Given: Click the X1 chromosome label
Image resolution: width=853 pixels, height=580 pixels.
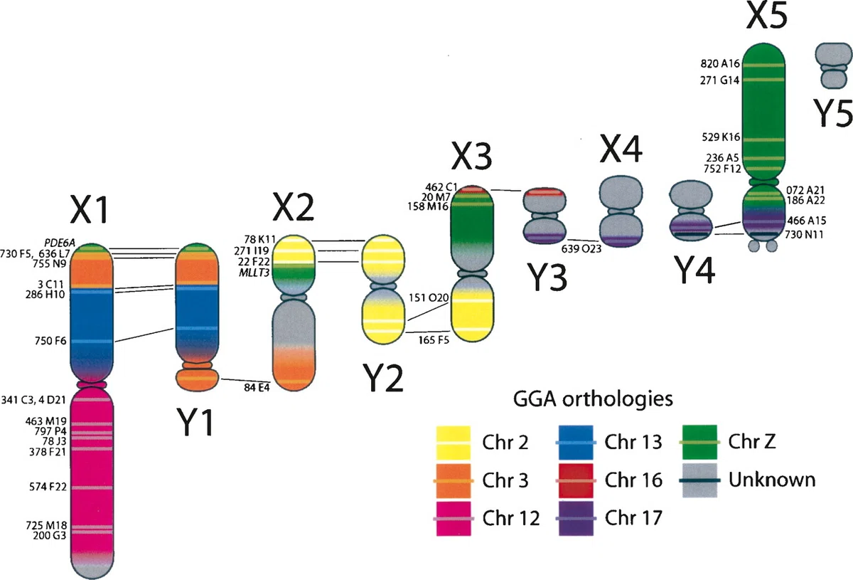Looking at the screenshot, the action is click(x=90, y=209).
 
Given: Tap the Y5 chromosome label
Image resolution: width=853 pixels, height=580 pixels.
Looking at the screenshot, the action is click(x=832, y=112).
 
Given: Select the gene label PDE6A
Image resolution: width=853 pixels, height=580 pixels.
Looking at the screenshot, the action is click(x=60, y=243).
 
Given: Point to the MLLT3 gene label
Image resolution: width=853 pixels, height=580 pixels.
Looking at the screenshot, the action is click(x=254, y=273).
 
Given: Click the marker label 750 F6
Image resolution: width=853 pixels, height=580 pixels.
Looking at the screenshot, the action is click(x=50, y=340).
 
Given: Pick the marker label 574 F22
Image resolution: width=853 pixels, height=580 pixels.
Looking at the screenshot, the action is click(x=48, y=487).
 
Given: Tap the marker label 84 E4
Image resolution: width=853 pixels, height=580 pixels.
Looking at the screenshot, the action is click(x=257, y=387).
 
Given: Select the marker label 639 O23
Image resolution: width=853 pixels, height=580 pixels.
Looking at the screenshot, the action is click(x=581, y=248).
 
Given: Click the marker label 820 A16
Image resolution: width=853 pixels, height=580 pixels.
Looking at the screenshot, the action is click(x=719, y=63).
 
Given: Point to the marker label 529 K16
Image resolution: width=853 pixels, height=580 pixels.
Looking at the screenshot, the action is click(x=721, y=137).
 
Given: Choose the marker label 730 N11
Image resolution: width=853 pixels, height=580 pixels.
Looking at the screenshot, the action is click(x=804, y=235).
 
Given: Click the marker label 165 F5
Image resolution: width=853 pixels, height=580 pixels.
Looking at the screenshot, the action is click(x=434, y=339).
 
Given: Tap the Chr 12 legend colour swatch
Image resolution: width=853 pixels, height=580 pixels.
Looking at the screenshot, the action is click(x=454, y=519).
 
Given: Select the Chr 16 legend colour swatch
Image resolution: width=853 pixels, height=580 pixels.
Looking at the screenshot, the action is click(x=576, y=480).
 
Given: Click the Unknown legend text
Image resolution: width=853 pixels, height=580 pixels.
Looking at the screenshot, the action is click(x=772, y=480).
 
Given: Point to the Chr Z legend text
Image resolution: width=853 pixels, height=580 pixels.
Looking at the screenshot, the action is click(x=752, y=441).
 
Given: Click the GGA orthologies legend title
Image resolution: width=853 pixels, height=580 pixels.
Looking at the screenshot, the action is click(x=593, y=399).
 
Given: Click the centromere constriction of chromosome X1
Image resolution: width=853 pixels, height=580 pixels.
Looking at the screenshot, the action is click(x=91, y=384).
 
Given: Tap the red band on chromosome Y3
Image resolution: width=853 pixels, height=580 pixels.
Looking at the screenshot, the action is click(x=544, y=193).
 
